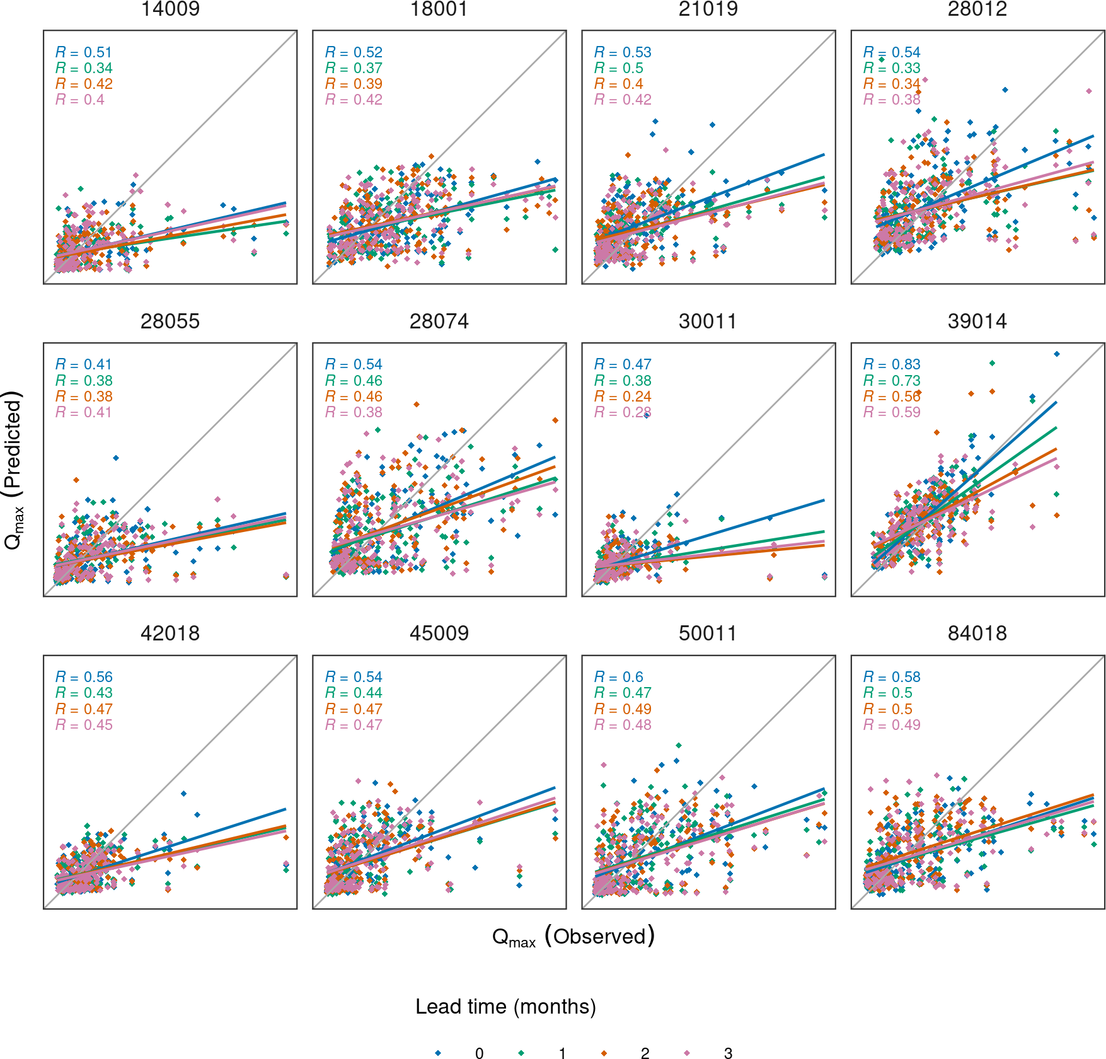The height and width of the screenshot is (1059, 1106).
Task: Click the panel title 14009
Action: pyautogui.click(x=170, y=9)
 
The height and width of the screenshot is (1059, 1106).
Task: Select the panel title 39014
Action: pyautogui.click(x=977, y=321)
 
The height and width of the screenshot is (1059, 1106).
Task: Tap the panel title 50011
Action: pyautogui.click(x=708, y=634)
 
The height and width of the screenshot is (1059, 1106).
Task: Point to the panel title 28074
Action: pyautogui.click(x=439, y=321)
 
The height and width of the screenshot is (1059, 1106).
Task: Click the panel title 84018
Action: pyautogui.click(x=977, y=634)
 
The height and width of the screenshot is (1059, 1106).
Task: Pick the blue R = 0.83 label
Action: pyautogui.click(x=892, y=364)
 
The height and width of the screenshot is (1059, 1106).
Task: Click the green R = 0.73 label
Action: pyautogui.click(x=892, y=381)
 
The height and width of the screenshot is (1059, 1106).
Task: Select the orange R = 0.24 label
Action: pyautogui.click(x=623, y=396)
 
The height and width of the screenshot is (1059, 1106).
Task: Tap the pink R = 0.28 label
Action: pyautogui.click(x=623, y=412)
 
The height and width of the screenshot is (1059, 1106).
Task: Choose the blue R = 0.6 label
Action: pyautogui.click(x=618, y=677)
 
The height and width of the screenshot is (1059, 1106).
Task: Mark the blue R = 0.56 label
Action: pyautogui.click(x=84, y=677)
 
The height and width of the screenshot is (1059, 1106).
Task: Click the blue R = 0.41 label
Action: pyautogui.click(x=84, y=364)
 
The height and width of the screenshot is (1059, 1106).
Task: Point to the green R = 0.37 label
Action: pyautogui.click(x=354, y=68)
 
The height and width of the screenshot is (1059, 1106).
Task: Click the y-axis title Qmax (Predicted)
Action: pyautogui.click(x=14, y=470)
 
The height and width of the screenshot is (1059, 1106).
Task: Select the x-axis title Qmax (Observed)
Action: pyautogui.click(x=573, y=937)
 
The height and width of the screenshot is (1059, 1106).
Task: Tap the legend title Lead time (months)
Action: pyautogui.click(x=505, y=1007)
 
